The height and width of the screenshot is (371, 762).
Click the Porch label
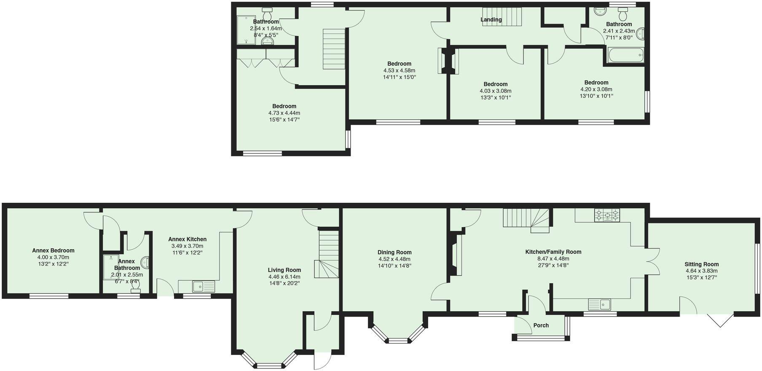tap(541, 325)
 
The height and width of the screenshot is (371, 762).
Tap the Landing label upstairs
tap(491, 19)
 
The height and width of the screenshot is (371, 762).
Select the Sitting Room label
tap(702, 264)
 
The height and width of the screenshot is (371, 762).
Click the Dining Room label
tap(394, 253)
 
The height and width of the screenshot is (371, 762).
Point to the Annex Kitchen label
tap(187, 239)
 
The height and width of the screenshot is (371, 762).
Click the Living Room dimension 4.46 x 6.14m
tap(284, 277)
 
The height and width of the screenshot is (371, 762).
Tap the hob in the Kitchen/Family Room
tap(607, 215)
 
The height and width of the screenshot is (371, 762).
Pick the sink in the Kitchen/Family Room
tap(600, 304)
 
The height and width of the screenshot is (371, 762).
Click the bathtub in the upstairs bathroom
tap(625, 55)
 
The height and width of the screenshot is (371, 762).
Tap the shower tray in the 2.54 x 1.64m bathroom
tap(243, 30)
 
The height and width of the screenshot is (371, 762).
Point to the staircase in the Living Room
tap(329, 254)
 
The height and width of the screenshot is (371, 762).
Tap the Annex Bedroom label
tap(53, 250)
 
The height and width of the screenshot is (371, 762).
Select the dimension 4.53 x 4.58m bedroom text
tap(399, 70)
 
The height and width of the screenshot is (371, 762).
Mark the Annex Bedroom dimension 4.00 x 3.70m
tap(53, 257)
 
